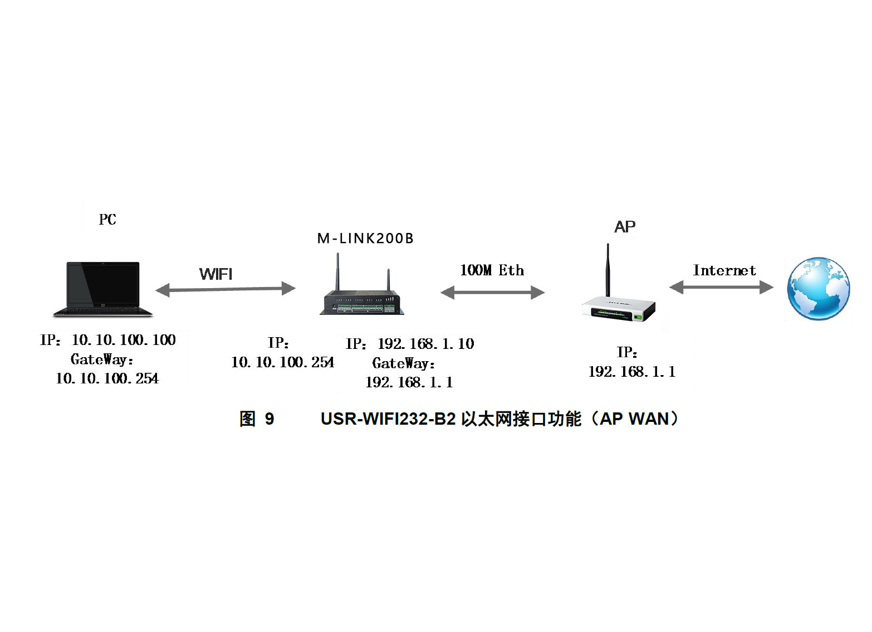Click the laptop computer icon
tap(103, 289)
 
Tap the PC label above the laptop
tap(107, 220)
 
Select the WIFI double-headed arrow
tap(225, 289)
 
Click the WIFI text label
tap(216, 274)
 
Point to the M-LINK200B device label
tap(365, 239)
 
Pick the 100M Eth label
tap(492, 270)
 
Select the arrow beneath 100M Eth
tap(492, 292)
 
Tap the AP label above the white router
tap(625, 227)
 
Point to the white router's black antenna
tap(608, 270)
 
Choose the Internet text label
tap(724, 270)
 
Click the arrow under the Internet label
tap(721, 287)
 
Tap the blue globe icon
tap(818, 288)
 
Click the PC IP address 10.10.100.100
tap(124, 340)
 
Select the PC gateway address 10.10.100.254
tap(107, 378)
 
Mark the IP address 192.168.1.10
tap(426, 344)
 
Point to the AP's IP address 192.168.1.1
tap(632, 372)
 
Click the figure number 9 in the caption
tap(270, 419)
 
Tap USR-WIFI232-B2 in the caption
tap(388, 419)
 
